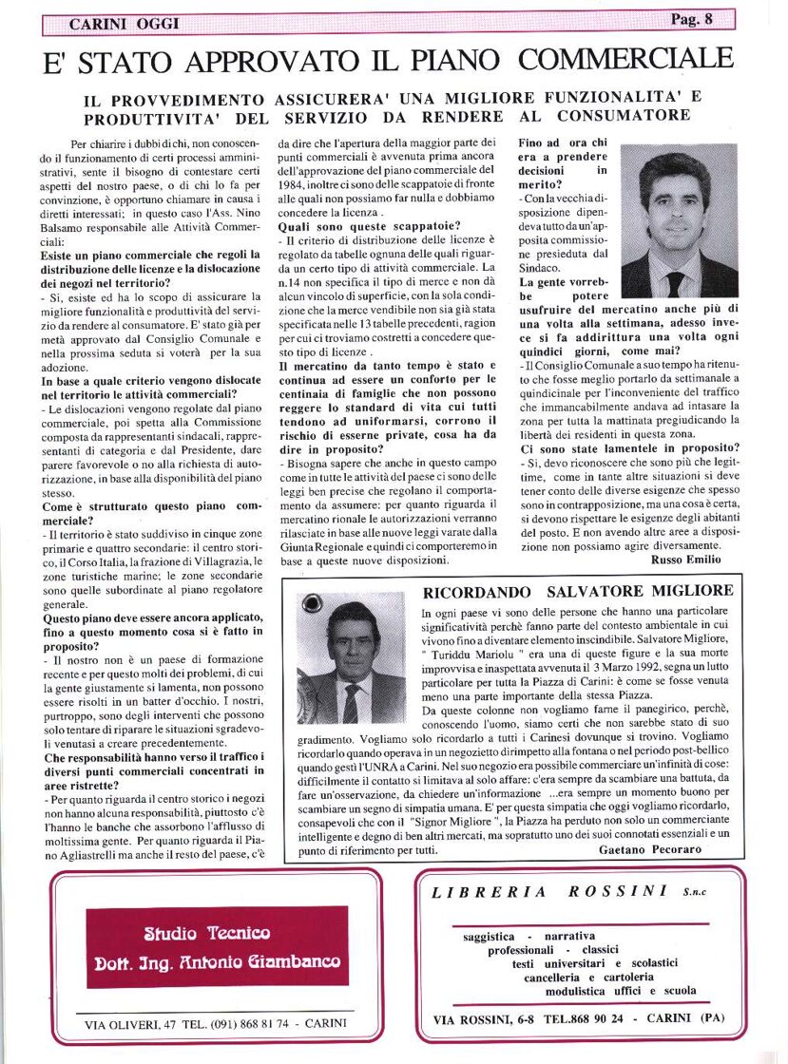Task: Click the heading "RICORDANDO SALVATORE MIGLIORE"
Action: (x=578, y=592)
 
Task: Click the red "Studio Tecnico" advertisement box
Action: (x=217, y=946)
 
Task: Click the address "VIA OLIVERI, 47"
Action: (x=130, y=1024)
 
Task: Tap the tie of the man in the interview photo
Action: (x=675, y=282)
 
